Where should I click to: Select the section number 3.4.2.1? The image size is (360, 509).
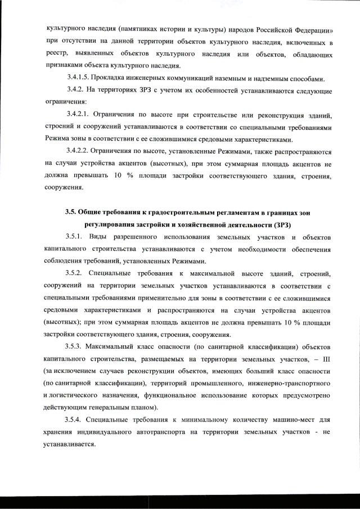(80, 116)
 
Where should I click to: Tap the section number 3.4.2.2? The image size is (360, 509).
(80, 152)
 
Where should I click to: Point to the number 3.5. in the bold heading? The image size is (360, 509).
(73, 213)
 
